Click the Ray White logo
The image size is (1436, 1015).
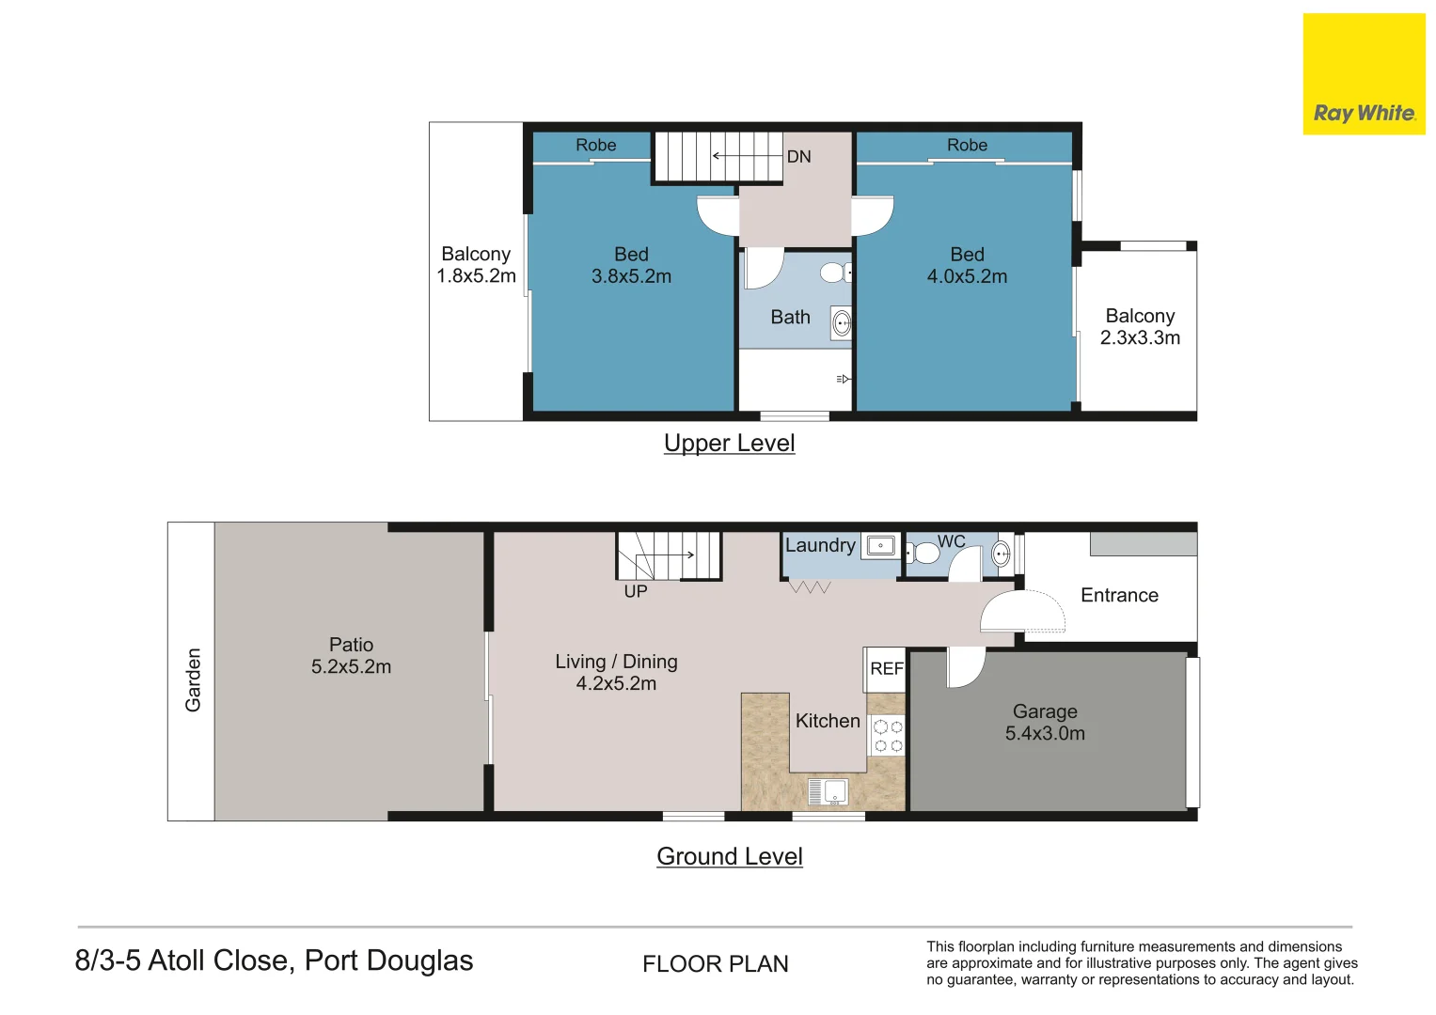click(1364, 75)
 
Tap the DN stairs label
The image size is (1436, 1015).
click(798, 157)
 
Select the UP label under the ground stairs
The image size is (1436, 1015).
click(636, 591)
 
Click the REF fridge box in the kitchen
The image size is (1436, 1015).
click(886, 669)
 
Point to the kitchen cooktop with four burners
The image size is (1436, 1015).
click(888, 736)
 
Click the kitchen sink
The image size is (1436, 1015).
click(828, 792)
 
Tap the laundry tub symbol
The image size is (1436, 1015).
click(881, 545)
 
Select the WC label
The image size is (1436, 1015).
click(952, 541)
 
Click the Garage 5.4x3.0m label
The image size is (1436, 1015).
click(1045, 723)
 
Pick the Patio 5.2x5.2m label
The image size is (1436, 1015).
click(351, 656)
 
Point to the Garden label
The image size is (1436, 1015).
click(193, 679)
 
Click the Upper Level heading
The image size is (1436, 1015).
click(729, 443)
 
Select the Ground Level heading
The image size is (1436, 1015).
click(729, 856)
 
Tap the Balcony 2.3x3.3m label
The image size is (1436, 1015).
click(1140, 327)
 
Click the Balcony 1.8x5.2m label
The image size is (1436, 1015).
click(476, 265)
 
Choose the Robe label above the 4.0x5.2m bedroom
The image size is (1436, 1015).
click(967, 145)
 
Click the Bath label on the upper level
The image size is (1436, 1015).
click(790, 318)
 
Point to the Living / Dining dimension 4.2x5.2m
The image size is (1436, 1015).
click(616, 684)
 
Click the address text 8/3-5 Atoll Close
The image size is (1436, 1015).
click(274, 960)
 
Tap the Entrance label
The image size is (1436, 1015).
click(1119, 595)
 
